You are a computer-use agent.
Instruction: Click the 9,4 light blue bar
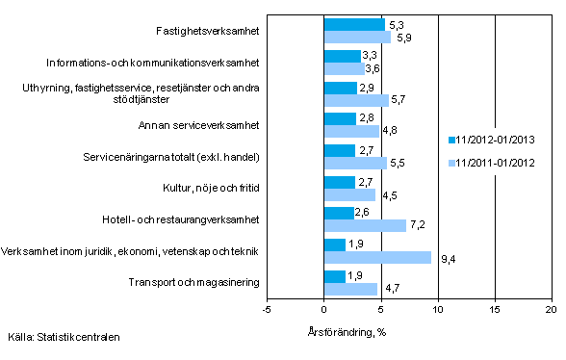377,257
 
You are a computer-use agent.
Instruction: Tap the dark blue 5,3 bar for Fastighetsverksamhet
354,24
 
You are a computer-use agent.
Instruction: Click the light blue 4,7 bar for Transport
350,288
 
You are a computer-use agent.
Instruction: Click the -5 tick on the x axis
267,310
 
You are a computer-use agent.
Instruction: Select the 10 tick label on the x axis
438,310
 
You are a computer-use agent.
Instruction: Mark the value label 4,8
391,132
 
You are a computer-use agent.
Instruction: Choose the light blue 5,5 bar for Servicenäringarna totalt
355,163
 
